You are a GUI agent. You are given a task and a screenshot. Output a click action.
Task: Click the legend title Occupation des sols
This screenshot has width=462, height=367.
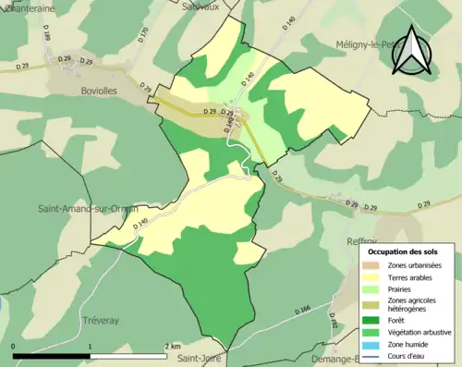click(x=403, y=251)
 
